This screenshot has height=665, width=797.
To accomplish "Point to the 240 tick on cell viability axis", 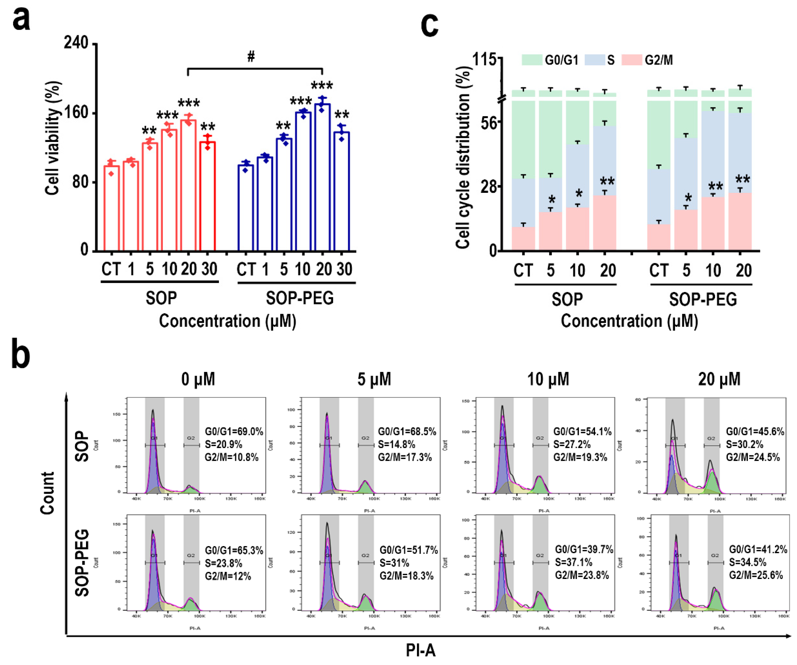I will pos(76,43).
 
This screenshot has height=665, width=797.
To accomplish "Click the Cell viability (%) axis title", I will pos(53,138).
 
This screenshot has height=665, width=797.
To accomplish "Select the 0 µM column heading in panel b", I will pos(198,379).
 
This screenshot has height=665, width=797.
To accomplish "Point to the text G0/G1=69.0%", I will pos(234,431).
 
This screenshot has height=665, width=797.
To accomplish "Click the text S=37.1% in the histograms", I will pos(574,562).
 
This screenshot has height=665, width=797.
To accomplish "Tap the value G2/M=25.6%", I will pos(756,575).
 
